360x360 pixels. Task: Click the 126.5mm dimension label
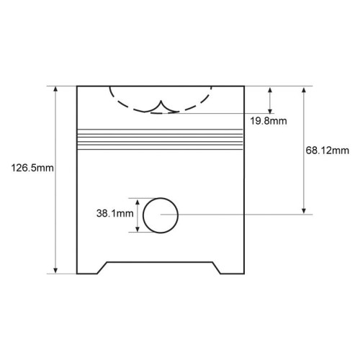pos(32,168)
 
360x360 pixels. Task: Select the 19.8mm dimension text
pos(269,121)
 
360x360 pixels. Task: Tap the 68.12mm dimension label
pos(328,150)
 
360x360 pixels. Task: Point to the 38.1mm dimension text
pos(115,213)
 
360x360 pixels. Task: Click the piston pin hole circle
pos(143,215)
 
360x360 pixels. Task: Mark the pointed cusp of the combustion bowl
pos(161,101)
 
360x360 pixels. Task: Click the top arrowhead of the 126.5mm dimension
pos(55,89)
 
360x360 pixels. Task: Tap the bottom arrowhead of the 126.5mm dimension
pos(55,270)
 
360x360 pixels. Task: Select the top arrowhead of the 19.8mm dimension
pos(270,90)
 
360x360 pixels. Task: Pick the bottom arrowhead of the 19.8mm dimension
pos(270,110)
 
